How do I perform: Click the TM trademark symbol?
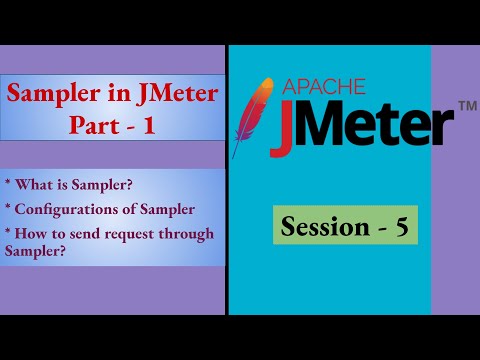click(465, 105)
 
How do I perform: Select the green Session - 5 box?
click(345, 226)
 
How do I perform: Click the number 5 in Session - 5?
click(400, 226)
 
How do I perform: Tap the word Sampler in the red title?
click(50, 96)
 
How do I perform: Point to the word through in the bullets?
click(189, 235)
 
